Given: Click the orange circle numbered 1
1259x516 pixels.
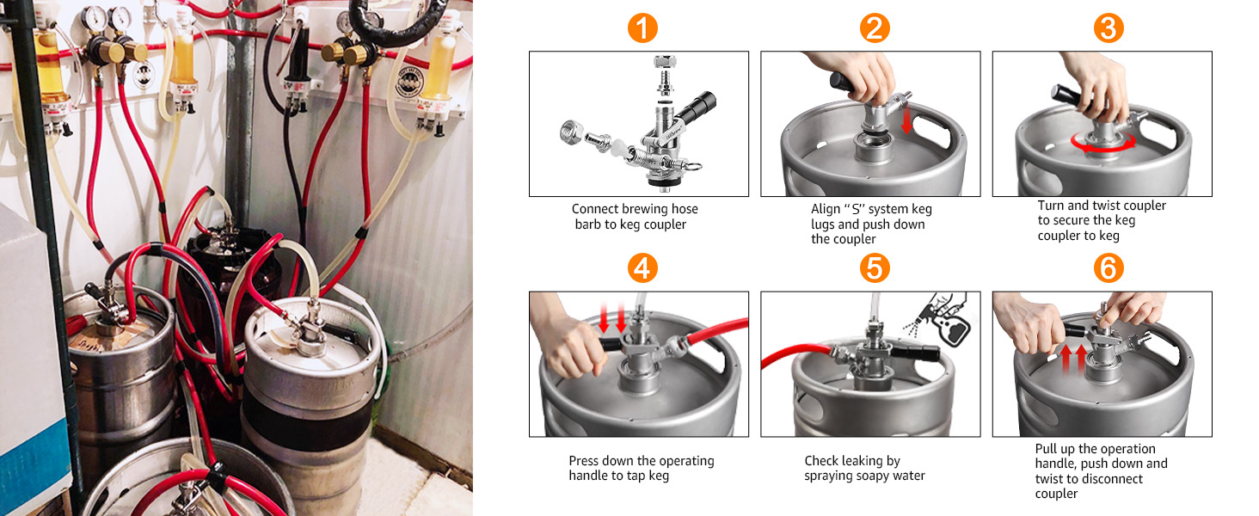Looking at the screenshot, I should pos(642,28).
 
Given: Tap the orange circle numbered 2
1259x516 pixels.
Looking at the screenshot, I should pos(874,28).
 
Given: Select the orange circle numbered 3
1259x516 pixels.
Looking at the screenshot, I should pos(1107,28).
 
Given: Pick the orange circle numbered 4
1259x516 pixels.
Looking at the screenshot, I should pos(642,268).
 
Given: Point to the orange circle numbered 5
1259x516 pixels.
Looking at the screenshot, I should pos(874,268).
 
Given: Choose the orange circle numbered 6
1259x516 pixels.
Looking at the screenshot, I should pos(1107,268).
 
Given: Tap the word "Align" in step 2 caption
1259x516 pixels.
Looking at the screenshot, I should pos(826,209).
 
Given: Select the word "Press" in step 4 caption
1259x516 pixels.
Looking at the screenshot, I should pos(585,461).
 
